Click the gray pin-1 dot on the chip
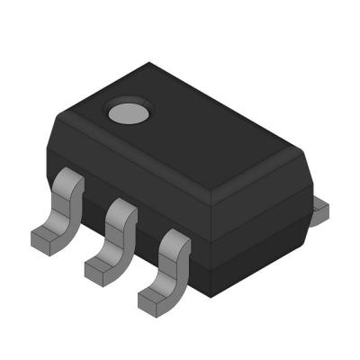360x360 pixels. (123, 113)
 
